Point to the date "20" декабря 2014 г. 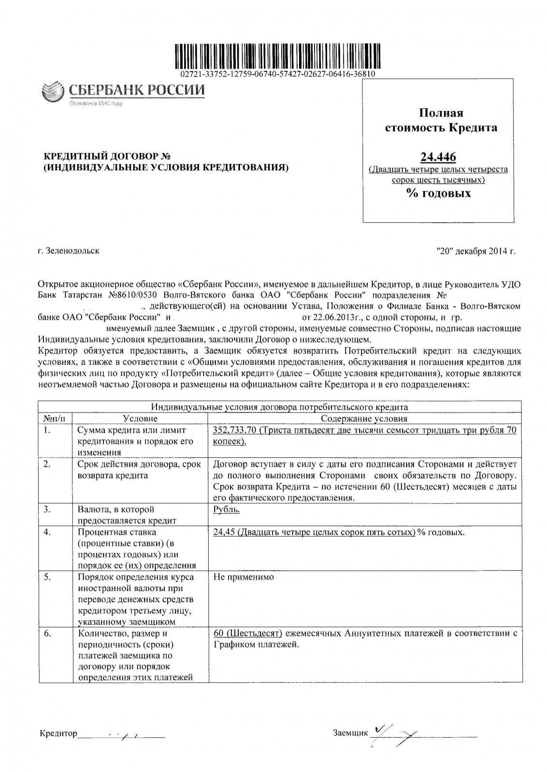475,251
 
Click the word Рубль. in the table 227,510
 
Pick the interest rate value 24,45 224,532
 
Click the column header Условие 140,419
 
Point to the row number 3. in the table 47,510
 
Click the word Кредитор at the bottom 58,734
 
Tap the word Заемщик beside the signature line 350,733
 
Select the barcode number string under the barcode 277,74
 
